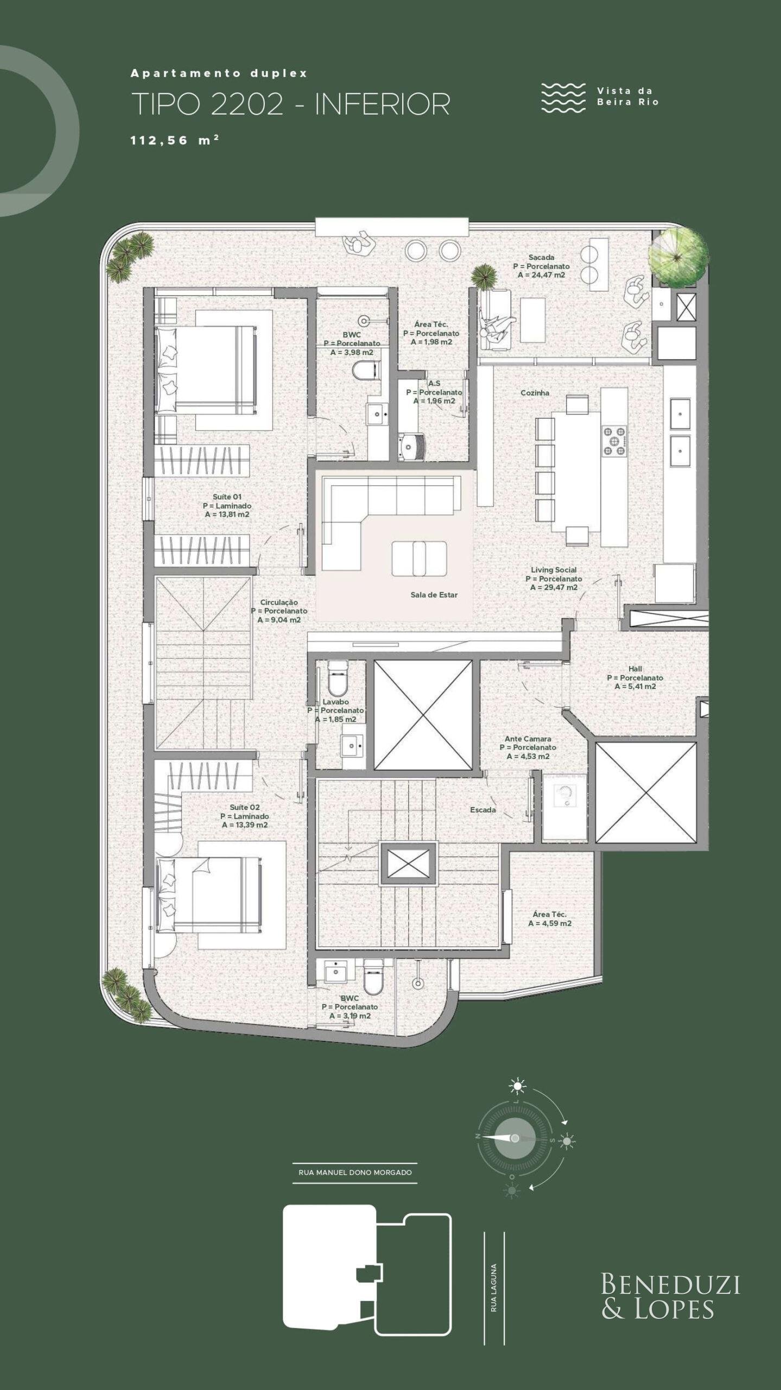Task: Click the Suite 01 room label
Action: pos(227,497)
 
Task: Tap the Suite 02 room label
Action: pos(244,807)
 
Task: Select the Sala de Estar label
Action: pos(434,595)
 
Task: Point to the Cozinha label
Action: pos(535,393)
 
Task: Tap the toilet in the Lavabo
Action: pos(337,678)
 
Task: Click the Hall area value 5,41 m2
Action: pos(636,686)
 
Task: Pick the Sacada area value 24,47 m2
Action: pos(541,275)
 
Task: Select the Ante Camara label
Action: pos(528,739)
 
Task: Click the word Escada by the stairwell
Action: pos(482,810)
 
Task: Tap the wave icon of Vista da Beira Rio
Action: pos(563,98)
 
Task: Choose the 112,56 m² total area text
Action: pos(175,140)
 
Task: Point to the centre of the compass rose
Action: pos(515,1138)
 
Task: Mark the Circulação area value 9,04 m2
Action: pos(279,620)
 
